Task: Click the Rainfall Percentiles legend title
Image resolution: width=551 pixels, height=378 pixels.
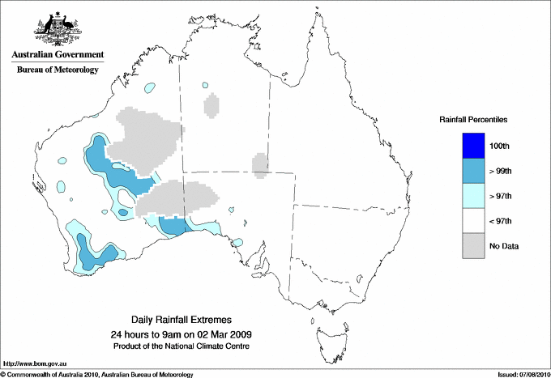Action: click(x=473, y=120)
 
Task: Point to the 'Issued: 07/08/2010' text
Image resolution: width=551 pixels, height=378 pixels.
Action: click(x=523, y=374)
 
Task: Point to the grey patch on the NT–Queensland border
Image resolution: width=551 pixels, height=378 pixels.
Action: click(x=260, y=164)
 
